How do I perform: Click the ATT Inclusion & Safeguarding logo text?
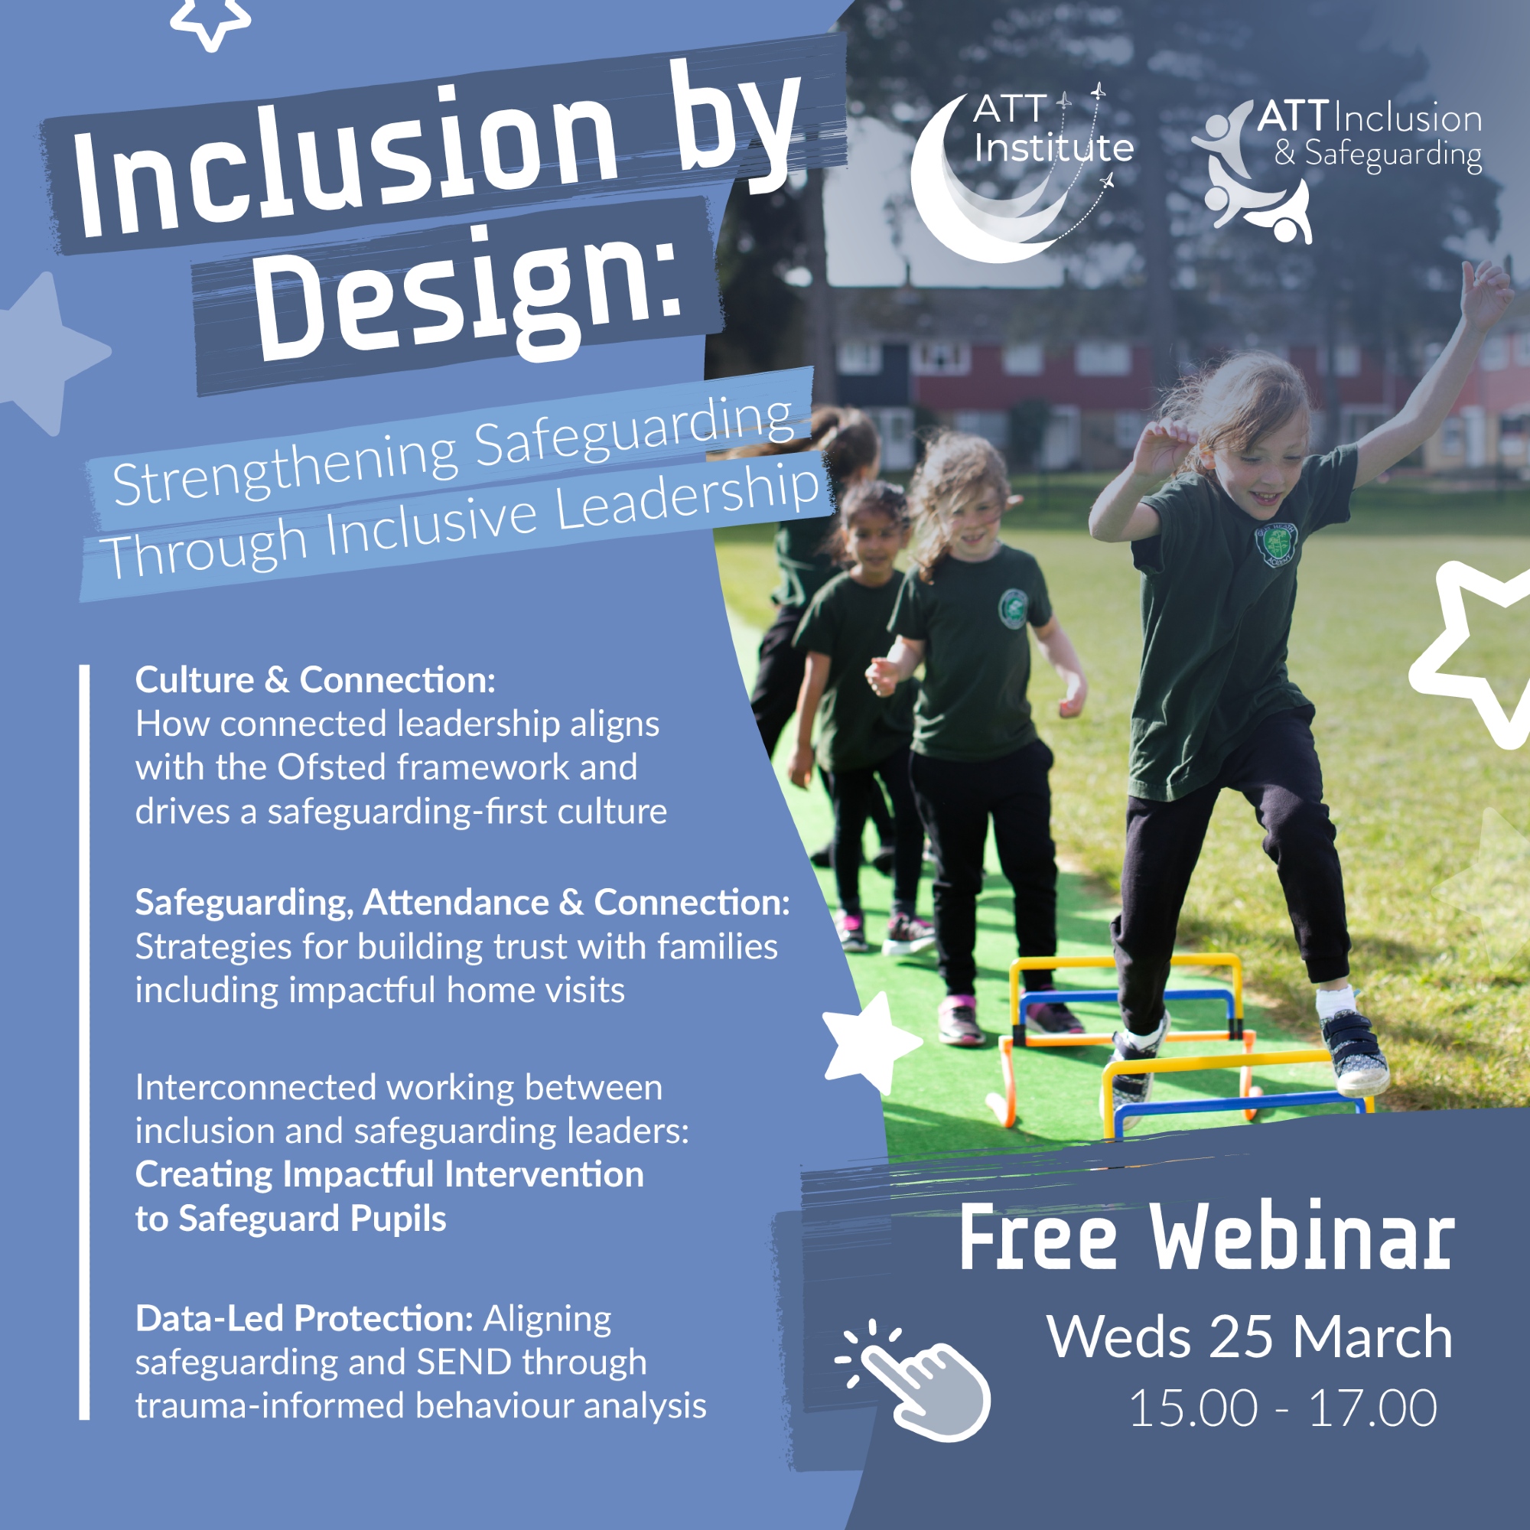click(x=1369, y=136)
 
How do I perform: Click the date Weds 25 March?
click(x=1250, y=1336)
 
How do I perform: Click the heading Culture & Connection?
click(x=315, y=679)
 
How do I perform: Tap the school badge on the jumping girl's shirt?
click(x=1276, y=544)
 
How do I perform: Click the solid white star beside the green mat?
click(x=869, y=1043)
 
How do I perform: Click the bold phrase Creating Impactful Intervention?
click(x=389, y=1174)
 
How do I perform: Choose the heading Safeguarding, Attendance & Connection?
click(x=463, y=902)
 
